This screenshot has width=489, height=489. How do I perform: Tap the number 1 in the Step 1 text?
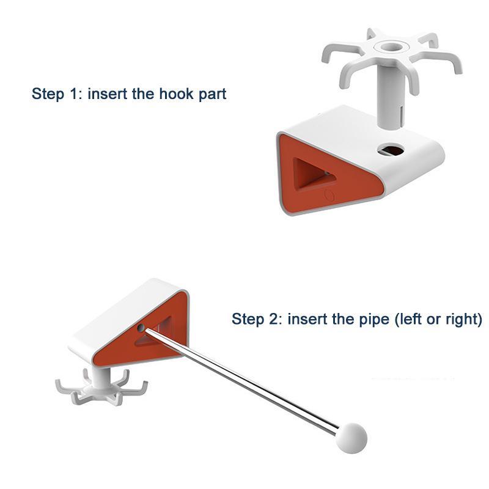tap(74, 94)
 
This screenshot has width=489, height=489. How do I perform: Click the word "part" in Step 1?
tap(212, 95)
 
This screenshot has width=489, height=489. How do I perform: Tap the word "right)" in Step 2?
tap(464, 320)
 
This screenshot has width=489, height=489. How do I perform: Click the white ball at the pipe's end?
tap(351, 438)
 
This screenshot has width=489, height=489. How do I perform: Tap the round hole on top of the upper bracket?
tap(391, 150)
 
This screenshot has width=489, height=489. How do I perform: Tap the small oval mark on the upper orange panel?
tap(329, 195)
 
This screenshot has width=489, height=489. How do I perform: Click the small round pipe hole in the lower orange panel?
tap(141, 328)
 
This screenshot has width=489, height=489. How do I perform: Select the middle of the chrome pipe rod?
tap(241, 381)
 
